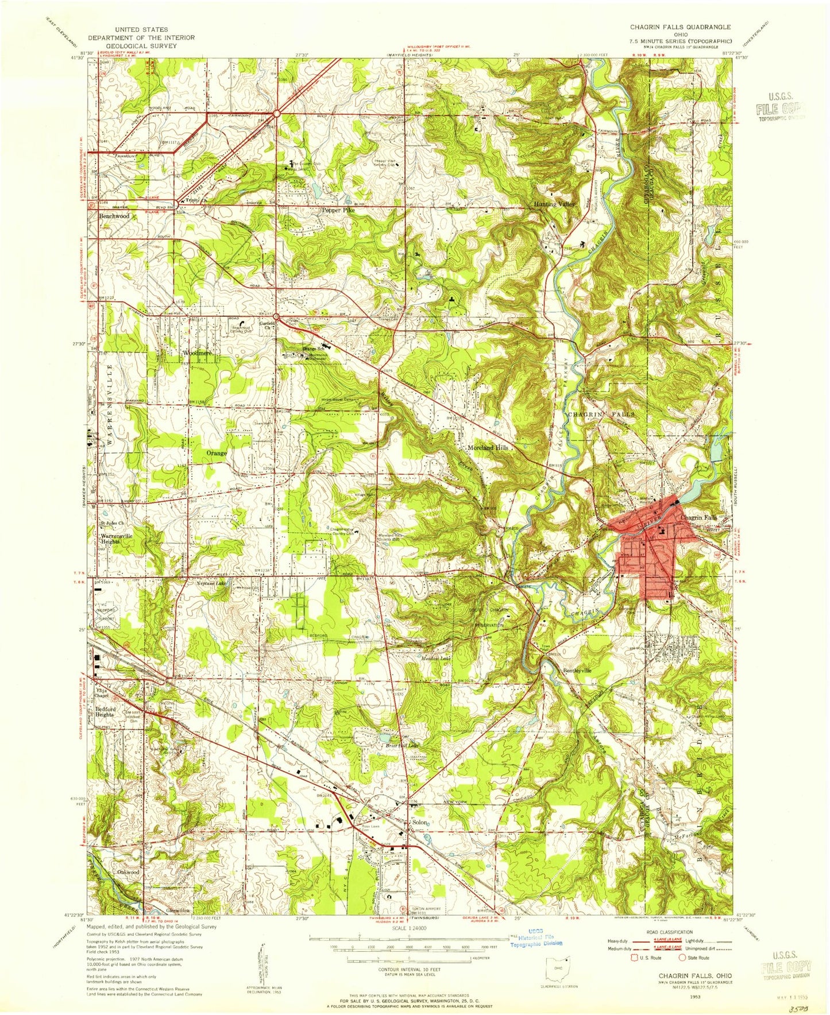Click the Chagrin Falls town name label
pyautogui.click(x=698, y=517)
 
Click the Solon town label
pyautogui.click(x=420, y=823)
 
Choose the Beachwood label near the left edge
pyautogui.click(x=114, y=216)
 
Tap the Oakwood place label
pyautogui.click(x=128, y=871)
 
